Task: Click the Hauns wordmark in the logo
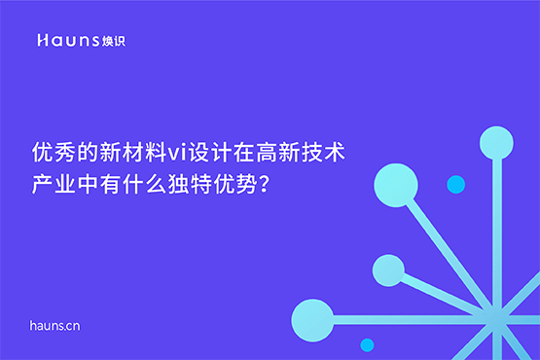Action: coord(66,41)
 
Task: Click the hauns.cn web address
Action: coord(54,325)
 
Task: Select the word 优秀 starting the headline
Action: coord(54,153)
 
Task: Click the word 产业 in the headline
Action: coord(54,184)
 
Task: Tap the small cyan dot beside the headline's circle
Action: coord(455,184)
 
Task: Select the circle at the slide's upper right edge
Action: coord(496,143)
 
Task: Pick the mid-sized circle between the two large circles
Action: coord(388,270)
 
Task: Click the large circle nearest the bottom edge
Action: coord(312,319)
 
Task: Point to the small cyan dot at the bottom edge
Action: coord(367,344)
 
